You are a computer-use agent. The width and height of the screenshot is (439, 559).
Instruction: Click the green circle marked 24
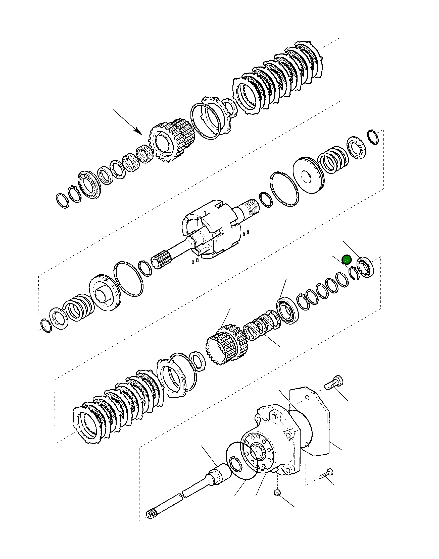[x=346, y=260]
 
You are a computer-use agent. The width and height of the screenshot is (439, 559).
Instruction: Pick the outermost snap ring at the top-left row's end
[x=63, y=200]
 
